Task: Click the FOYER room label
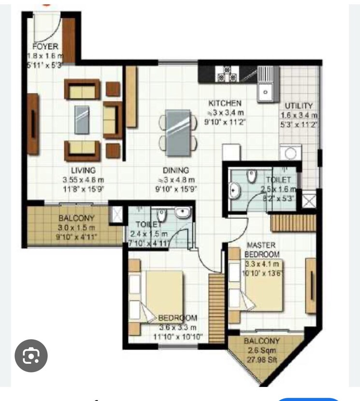click(45, 46)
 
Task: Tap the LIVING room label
click(84, 170)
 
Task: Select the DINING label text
click(176, 170)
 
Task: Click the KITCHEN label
click(225, 103)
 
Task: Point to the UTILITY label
click(299, 106)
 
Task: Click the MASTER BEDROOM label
click(262, 250)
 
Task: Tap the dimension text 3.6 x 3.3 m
click(178, 327)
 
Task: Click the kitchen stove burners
click(227, 73)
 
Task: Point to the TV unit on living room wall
click(33, 124)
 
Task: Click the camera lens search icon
click(31, 356)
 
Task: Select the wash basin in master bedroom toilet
click(235, 191)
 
